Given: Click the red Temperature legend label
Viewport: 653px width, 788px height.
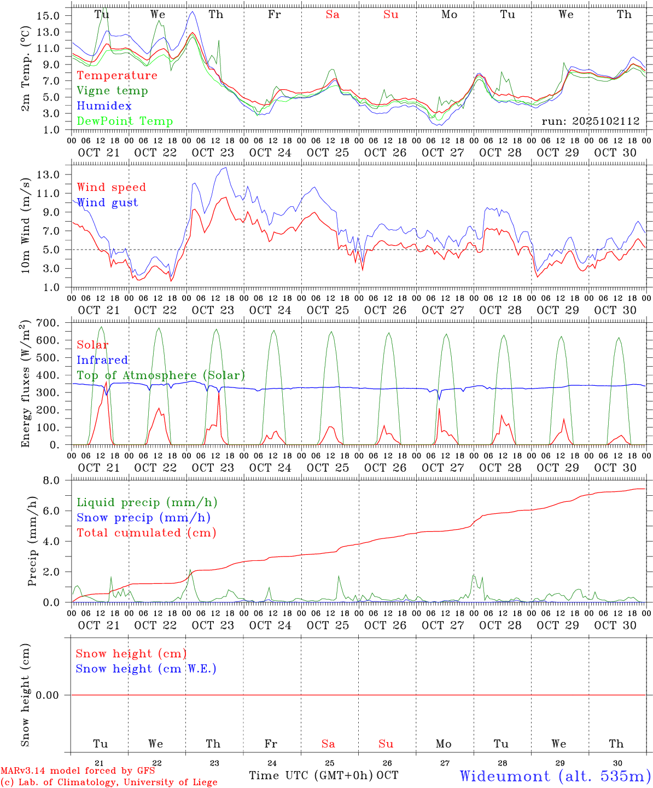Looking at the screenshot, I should click(x=117, y=76).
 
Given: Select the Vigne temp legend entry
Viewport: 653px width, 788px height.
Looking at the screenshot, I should click(x=112, y=91).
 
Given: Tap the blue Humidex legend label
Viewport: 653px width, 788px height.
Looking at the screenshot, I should click(x=104, y=106).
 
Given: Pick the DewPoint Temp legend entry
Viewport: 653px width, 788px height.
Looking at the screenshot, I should click(x=125, y=121).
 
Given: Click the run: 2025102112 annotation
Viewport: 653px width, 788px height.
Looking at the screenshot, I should click(x=590, y=121).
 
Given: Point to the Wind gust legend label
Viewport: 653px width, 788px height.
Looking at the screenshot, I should click(x=107, y=202).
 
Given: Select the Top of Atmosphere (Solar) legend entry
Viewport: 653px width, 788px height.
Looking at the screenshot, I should click(x=161, y=375).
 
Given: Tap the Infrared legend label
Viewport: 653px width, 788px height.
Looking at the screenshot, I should click(x=102, y=360).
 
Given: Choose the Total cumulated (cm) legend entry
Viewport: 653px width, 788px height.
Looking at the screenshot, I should click(x=146, y=532).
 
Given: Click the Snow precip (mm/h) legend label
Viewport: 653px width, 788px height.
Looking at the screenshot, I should click(x=143, y=518).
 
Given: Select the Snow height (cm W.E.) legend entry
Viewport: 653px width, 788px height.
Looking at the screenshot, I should click(x=146, y=669).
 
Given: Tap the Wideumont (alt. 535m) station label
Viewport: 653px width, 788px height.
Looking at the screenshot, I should click(x=555, y=776).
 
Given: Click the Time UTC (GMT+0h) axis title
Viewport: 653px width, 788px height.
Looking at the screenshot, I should click(x=311, y=775).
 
